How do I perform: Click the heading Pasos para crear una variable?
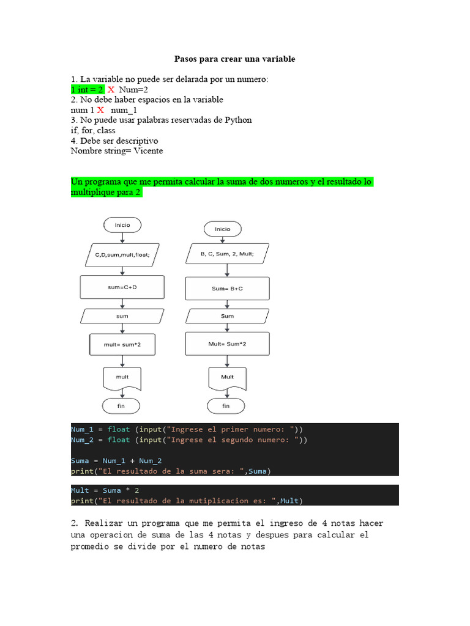point(234,59)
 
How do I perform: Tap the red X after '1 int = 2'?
point(111,90)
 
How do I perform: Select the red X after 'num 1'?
point(100,110)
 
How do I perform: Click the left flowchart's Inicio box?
point(122,225)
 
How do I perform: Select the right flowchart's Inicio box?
point(223,229)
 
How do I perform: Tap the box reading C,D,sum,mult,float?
point(122,256)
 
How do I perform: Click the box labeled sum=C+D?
point(122,286)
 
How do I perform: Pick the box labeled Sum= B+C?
point(227,288)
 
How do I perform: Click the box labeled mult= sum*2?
point(122,344)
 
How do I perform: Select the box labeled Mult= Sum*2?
point(227,344)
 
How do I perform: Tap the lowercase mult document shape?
point(122,377)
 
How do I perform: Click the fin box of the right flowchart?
point(226,405)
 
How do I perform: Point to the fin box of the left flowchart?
point(121,405)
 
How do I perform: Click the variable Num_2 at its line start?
point(81,440)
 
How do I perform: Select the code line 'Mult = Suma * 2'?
point(106,490)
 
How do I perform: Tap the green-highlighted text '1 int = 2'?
point(88,90)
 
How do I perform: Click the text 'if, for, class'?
point(93,130)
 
